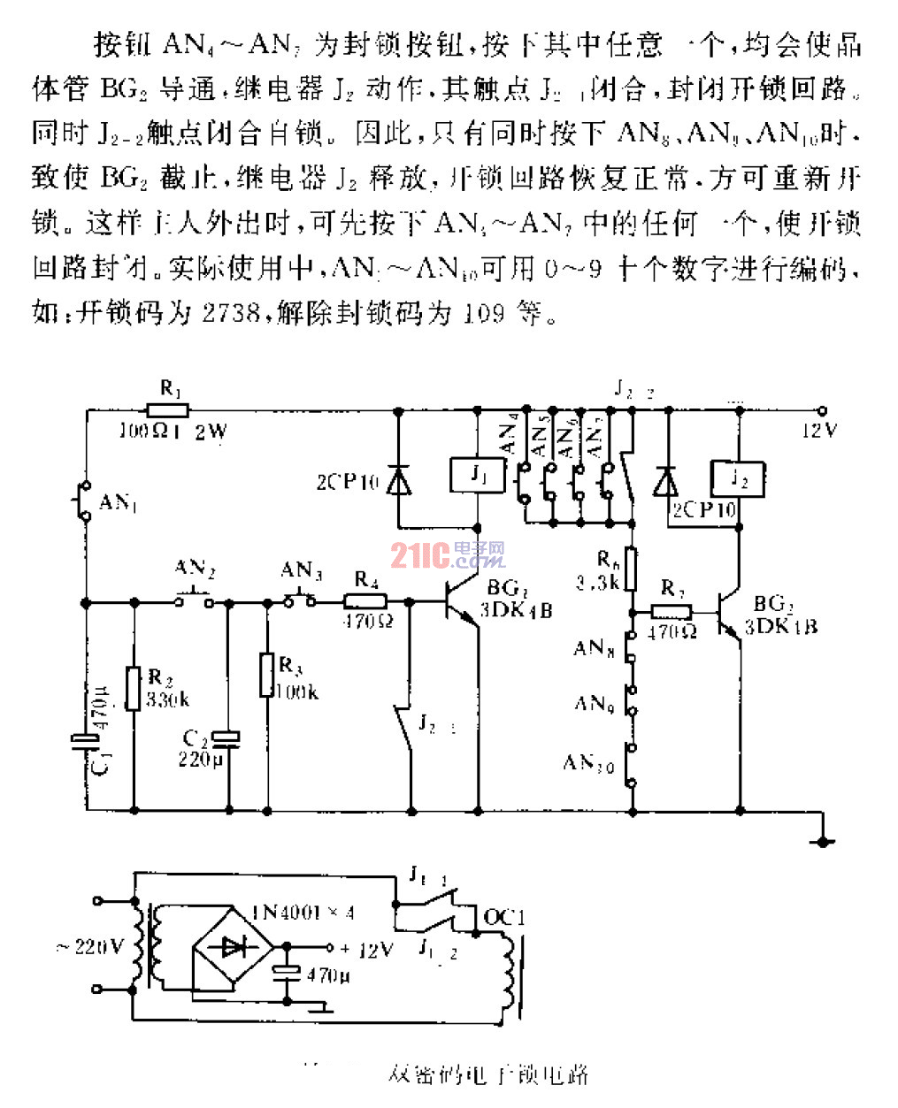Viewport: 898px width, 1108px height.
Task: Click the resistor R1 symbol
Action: tap(167, 410)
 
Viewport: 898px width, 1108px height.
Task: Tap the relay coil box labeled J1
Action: tap(478, 476)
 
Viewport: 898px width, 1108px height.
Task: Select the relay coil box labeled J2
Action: tap(738, 479)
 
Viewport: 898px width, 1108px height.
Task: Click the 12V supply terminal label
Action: tap(819, 431)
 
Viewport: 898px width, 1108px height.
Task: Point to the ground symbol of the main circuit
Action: tap(823, 840)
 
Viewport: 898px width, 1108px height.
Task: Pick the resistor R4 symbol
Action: tap(365, 601)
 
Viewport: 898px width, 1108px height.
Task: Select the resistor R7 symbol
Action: tap(672, 611)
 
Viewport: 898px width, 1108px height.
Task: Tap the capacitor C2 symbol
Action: tap(228, 736)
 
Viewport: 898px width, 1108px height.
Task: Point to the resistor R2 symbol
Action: tap(134, 688)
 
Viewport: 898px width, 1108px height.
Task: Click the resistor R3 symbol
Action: tap(266, 675)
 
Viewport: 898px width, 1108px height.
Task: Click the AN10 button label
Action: tap(587, 762)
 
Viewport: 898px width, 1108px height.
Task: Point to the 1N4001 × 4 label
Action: tap(303, 913)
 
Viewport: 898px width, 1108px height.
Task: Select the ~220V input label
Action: tap(89, 947)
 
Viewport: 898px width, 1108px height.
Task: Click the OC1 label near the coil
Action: tap(504, 917)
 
